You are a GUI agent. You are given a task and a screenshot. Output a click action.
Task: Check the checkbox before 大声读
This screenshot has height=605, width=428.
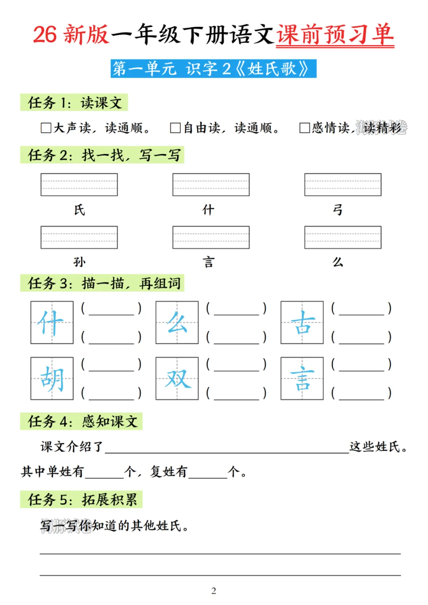tap(46, 128)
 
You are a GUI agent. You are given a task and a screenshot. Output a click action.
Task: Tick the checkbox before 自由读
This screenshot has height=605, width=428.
tap(175, 128)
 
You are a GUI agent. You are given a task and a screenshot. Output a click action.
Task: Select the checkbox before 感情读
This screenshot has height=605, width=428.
tap(304, 128)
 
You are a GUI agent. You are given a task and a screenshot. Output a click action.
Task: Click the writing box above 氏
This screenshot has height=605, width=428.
tap(79, 185)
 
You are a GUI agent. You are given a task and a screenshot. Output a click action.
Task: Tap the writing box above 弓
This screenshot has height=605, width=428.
tap(343, 185)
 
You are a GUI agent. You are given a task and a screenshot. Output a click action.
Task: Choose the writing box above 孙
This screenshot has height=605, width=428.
tap(79, 237)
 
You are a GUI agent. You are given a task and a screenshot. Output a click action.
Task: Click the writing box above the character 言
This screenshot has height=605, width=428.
tap(211, 237)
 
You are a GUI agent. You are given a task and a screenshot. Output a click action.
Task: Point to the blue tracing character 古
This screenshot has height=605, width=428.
tap(302, 323)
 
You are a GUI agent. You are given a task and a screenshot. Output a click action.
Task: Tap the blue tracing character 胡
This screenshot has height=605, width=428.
tap(52, 378)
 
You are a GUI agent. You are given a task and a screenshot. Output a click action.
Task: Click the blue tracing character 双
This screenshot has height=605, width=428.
tap(177, 378)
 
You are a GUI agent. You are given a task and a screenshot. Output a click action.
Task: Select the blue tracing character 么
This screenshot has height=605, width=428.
tap(177, 323)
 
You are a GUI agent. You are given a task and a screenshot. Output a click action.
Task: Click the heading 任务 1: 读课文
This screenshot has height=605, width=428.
tap(74, 103)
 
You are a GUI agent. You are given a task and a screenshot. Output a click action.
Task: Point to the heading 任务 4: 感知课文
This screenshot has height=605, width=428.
tap(82, 421)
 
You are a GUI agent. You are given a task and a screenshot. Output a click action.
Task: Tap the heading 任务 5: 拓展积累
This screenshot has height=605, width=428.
tap(82, 499)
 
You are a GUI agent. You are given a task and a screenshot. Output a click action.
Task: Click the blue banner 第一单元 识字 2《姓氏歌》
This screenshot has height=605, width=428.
tap(213, 69)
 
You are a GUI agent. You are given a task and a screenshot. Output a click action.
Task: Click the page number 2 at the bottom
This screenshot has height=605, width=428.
tap(214, 591)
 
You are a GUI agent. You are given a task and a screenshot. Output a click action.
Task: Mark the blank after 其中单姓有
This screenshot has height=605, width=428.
tap(104, 472)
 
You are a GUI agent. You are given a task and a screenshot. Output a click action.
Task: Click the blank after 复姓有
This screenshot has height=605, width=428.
tap(208, 472)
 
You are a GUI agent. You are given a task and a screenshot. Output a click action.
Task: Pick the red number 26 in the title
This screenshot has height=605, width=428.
tap(45, 35)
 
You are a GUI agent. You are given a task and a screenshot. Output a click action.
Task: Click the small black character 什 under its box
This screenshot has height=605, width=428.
tap(208, 210)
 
